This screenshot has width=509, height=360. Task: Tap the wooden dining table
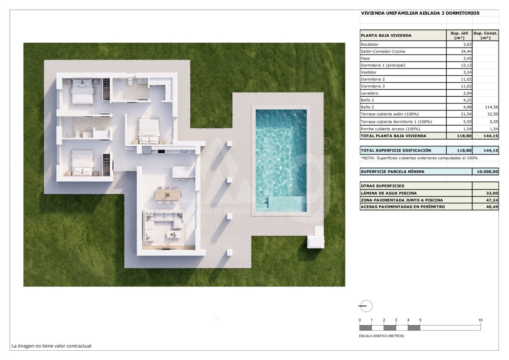click(x=168, y=195)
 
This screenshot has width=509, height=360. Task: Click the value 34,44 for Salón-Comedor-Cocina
click(x=466, y=51)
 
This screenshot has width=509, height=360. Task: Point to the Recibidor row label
click(x=370, y=45)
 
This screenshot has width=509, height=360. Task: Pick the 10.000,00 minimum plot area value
click(x=487, y=172)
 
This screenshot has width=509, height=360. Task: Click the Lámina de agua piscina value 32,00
click(x=492, y=193)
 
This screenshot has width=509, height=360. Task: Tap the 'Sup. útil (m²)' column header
click(x=459, y=36)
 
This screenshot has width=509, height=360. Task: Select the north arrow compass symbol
click(x=366, y=306)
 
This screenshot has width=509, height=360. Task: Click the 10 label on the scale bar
click(x=480, y=320)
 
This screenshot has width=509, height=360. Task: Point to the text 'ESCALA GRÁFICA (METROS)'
click(x=382, y=336)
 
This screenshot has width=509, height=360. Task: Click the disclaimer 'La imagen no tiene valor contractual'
click(x=51, y=346)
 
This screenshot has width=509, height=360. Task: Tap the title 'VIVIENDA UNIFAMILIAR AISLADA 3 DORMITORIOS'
click(x=420, y=13)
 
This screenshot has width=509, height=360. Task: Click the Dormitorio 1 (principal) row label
click(x=383, y=66)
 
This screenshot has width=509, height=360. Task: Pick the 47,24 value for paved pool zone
click(x=492, y=200)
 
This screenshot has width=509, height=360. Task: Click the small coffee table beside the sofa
click(x=174, y=234)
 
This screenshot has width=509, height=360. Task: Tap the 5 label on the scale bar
click(x=420, y=320)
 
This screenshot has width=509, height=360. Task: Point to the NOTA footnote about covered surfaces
click(x=419, y=158)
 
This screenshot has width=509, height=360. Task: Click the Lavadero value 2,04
click(x=467, y=93)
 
